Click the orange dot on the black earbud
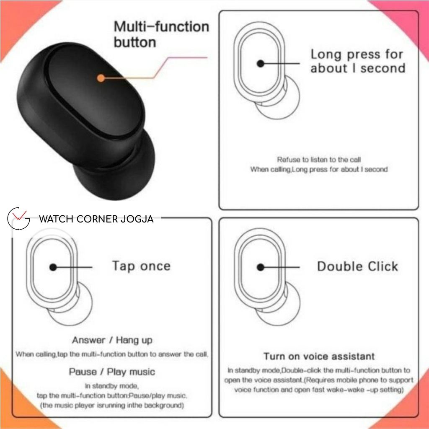[x=101, y=78]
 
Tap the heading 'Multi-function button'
[x=161, y=34]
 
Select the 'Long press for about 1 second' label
[x=357, y=61]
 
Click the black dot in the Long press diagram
[x=261, y=64]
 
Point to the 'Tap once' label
[x=141, y=266]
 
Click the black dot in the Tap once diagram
[x=53, y=267]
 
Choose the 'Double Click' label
[x=357, y=266]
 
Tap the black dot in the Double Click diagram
[x=261, y=267]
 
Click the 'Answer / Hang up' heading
[x=112, y=340]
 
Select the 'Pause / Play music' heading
[x=112, y=372]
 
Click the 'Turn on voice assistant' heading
[x=319, y=357]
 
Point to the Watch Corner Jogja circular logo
[x=19, y=219]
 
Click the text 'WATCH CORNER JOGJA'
[x=96, y=219]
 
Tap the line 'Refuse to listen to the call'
[x=319, y=160]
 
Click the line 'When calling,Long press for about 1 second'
[x=319, y=170]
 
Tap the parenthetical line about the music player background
[x=112, y=406]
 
